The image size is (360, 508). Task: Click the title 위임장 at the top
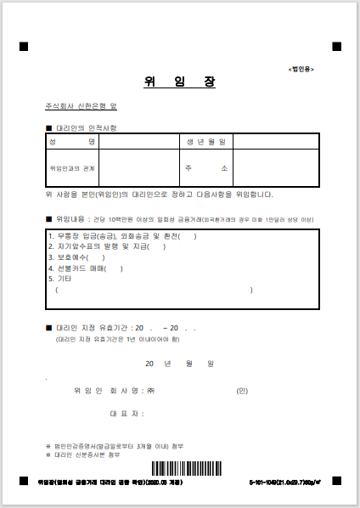[179, 82]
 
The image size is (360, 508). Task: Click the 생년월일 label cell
[205, 142]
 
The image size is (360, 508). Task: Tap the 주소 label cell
[205, 168]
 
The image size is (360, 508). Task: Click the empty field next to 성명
[138, 142]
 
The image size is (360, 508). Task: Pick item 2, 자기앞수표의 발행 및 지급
[107, 247]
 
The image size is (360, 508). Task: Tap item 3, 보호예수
[77, 258]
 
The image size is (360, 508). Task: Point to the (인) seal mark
[242, 391]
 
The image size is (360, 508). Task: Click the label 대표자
[127, 414]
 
